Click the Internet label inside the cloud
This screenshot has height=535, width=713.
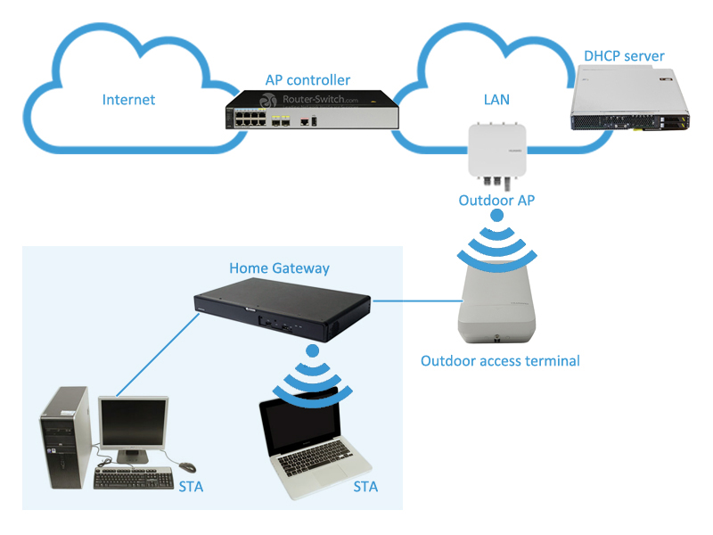(128, 99)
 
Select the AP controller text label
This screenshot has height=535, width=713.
(307, 80)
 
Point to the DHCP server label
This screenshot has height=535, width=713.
(624, 56)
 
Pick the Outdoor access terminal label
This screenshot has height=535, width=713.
(500, 361)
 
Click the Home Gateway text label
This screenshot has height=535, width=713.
(279, 267)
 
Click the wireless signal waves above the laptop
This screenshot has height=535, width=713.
(312, 374)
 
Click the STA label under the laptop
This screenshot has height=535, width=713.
(365, 487)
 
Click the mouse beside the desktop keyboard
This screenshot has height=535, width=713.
(186, 466)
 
